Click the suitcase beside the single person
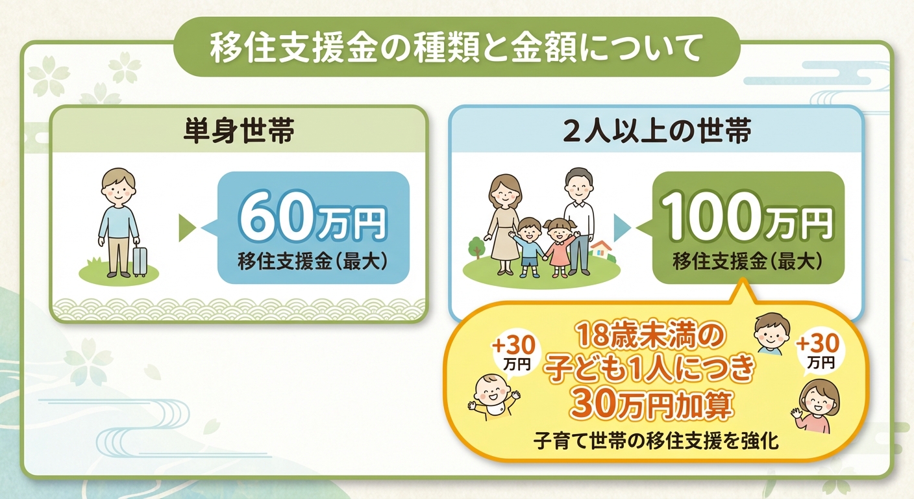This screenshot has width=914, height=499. pyautogui.click(x=140, y=261)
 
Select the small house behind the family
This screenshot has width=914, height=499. pyautogui.click(x=600, y=250)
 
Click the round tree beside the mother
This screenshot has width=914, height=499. pyautogui.click(x=477, y=247)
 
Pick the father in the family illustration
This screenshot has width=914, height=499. pyautogui.click(x=578, y=214)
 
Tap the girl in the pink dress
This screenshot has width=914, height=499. pyautogui.click(x=558, y=244)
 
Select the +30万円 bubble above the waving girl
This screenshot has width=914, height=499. pyautogui.click(x=819, y=351)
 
